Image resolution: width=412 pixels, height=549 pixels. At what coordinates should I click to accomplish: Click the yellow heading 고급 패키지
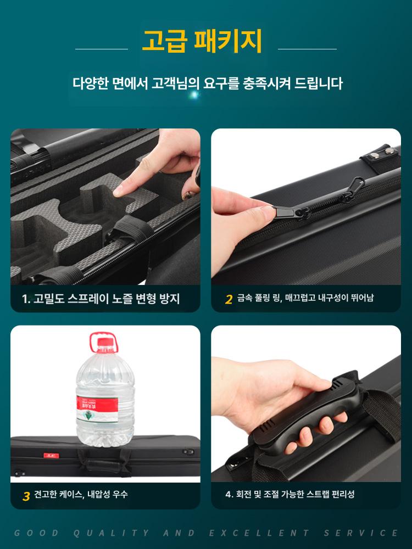pos(202,41)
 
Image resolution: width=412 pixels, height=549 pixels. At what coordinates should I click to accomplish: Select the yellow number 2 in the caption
pos(229,299)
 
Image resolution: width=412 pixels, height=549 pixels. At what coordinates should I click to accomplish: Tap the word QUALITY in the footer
pos(112,533)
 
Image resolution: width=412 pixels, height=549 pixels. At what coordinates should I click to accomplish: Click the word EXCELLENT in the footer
pos(260,533)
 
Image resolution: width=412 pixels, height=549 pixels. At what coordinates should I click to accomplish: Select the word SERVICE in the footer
pos(361,533)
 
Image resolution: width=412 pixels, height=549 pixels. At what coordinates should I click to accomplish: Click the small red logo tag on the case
pos(51,455)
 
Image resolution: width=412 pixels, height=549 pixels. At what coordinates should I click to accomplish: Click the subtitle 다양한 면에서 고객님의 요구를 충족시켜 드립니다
pos(208,83)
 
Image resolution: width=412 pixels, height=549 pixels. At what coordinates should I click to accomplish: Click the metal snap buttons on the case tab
pos(382,153)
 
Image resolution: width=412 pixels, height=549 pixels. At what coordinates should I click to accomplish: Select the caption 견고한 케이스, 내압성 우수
pos(81,494)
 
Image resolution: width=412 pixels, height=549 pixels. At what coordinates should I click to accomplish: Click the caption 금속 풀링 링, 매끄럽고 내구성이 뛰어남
pos(305,298)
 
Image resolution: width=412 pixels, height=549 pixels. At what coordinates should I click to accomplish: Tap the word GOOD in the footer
pos(37,533)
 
